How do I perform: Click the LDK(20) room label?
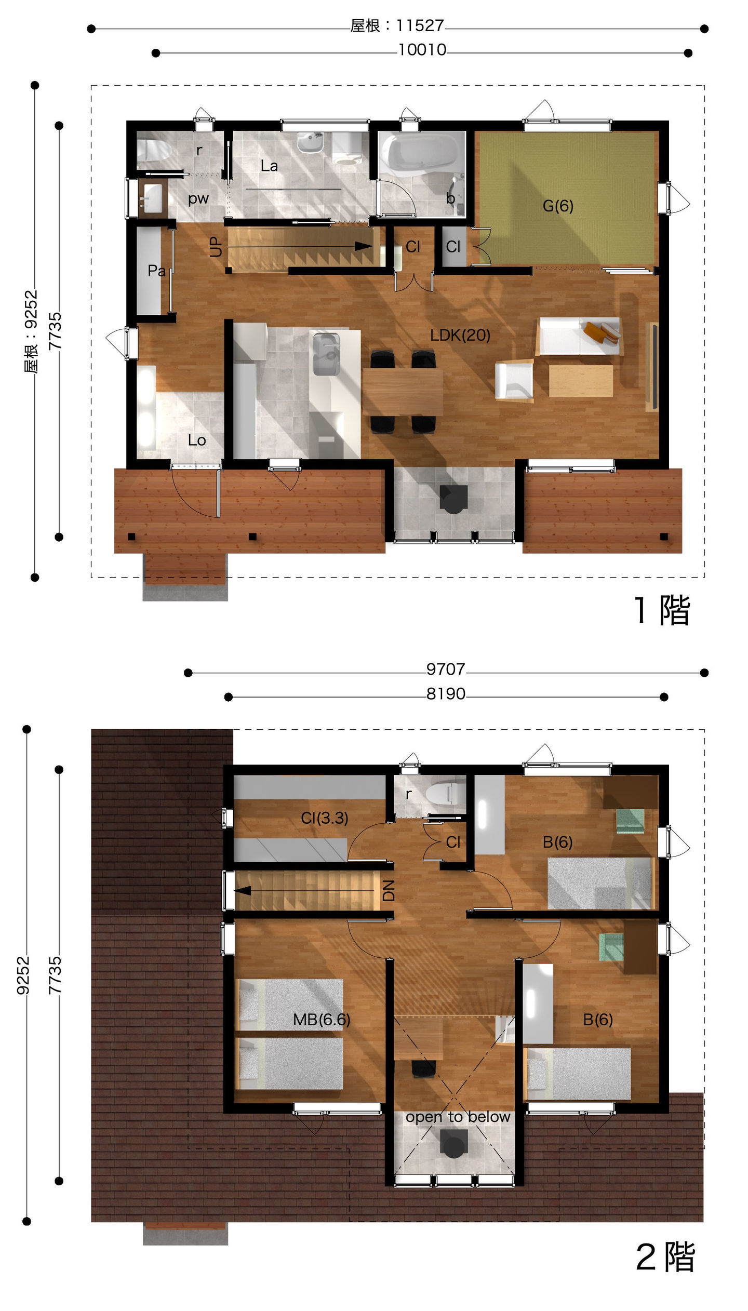[460, 336]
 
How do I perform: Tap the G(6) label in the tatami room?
[558, 206]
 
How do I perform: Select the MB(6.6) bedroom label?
[322, 1020]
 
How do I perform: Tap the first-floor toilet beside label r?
[154, 150]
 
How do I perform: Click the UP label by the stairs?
[216, 247]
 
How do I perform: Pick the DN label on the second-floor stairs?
[389, 890]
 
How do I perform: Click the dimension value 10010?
[422, 50]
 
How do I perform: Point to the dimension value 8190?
[446, 694]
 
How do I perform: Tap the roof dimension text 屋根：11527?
[397, 25]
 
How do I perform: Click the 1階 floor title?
[662, 610]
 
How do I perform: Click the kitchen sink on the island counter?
[326, 354]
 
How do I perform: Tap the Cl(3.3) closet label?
[324, 818]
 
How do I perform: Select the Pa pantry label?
[156, 271]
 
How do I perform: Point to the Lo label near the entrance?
[197, 440]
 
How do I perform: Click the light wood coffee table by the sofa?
[581, 381]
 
